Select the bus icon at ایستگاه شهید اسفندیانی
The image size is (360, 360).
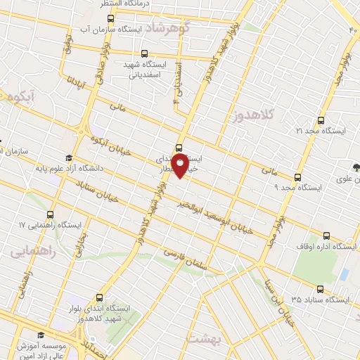[x=145, y=53]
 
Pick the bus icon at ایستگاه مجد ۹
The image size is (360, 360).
[x=297, y=177]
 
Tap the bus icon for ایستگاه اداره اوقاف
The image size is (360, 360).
[x=326, y=236]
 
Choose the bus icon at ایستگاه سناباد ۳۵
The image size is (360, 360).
[x=321, y=288]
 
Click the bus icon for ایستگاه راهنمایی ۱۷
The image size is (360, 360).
[x=50, y=214]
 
